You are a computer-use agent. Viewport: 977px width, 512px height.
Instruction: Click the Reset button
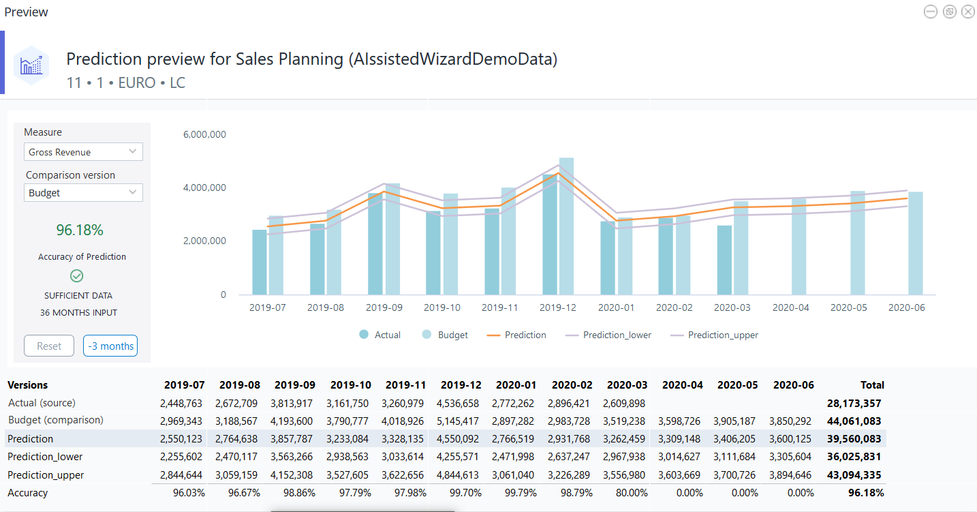49,346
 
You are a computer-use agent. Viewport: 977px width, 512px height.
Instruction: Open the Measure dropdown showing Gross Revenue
83,152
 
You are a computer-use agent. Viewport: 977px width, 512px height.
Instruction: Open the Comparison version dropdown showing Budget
83,193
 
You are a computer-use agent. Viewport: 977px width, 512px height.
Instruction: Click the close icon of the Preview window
967,12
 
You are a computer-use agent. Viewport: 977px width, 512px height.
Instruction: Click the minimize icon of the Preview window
930,12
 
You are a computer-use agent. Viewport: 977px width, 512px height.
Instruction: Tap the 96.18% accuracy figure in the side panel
80,230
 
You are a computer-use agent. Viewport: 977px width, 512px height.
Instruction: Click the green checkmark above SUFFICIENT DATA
77,276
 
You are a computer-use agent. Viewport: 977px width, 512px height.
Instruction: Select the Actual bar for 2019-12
550,235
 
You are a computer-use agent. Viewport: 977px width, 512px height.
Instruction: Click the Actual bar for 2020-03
724,260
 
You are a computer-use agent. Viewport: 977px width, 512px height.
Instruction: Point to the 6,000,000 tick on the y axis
204,134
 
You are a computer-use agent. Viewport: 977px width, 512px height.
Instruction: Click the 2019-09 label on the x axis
384,308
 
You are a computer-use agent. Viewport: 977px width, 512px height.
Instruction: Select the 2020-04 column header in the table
682,385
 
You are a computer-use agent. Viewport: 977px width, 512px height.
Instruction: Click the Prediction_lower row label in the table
45,457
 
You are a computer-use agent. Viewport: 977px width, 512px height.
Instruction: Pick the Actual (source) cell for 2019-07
183,404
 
